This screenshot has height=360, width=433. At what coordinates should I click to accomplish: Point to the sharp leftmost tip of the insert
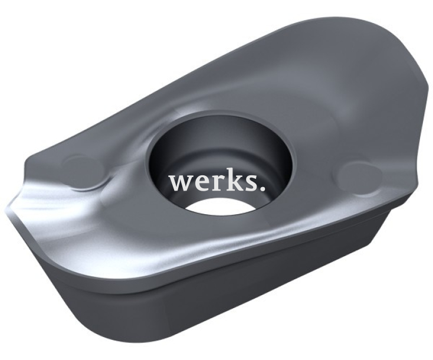point(5,208)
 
